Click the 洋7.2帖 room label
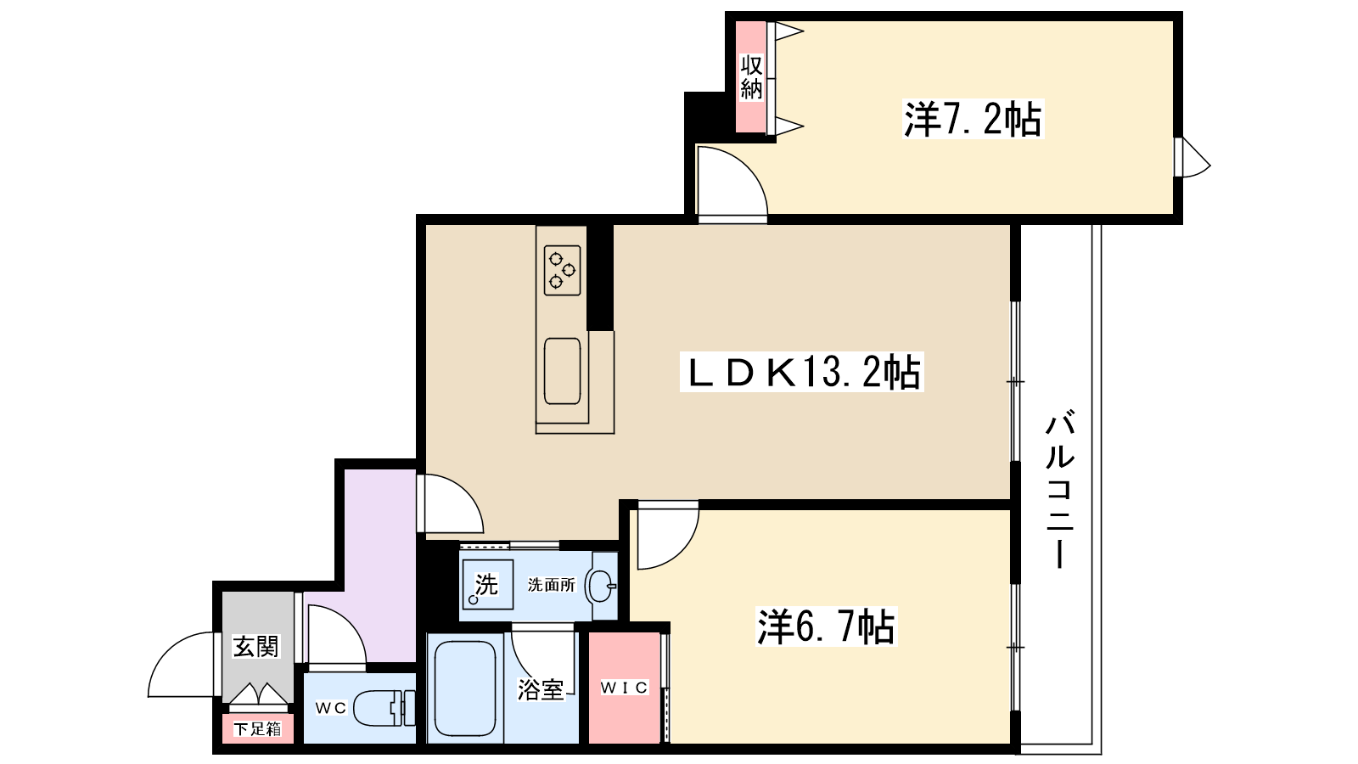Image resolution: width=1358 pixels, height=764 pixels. coord(973,120)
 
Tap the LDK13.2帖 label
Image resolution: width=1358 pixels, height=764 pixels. coord(802,372)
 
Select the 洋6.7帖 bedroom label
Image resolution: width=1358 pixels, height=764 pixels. coord(827,626)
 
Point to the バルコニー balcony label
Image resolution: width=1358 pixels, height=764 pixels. coord(1060,490)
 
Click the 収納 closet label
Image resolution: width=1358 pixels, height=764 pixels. coord(751,77)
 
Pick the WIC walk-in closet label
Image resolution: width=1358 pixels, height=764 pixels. coord(625,688)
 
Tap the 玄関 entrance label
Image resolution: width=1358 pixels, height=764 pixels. coord(256,646)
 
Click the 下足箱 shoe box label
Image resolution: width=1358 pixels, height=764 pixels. coord(258,729)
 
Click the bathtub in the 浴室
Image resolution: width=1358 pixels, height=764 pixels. coord(466,688)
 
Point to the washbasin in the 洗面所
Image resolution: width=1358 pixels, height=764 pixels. coord(600,586)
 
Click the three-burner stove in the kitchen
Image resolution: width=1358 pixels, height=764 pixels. coord(562,271)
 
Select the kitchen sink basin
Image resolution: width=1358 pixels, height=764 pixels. coord(563,371)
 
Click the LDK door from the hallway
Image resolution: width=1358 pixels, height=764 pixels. coord(452,503)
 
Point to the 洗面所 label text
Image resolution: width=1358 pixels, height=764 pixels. coord(551,585)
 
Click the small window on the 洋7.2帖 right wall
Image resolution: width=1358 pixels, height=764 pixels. coord(1191,158)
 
